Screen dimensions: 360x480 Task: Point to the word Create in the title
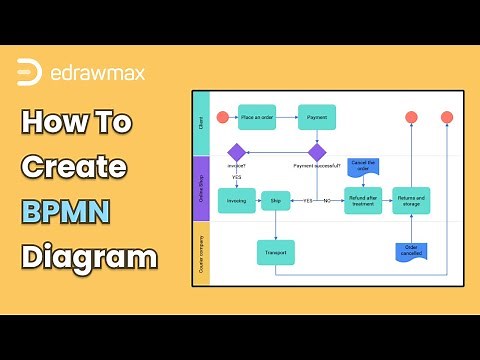[74, 166]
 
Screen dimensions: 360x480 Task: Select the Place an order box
[258, 118]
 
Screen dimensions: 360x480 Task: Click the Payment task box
[316, 118]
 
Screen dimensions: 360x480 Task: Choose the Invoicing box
[237, 200]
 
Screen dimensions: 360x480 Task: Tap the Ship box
[276, 200]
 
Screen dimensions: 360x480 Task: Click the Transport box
[276, 252]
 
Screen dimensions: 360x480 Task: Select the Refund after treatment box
[364, 199]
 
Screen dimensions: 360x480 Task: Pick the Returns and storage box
[411, 199]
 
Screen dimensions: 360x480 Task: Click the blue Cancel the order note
[363, 165]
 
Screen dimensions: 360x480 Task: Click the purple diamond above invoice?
[237, 152]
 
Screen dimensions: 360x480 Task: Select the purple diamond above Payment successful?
[316, 152]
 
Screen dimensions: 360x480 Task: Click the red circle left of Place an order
[222, 118]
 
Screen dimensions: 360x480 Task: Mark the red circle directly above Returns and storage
[411, 118]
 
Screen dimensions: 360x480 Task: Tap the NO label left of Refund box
[326, 201]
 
